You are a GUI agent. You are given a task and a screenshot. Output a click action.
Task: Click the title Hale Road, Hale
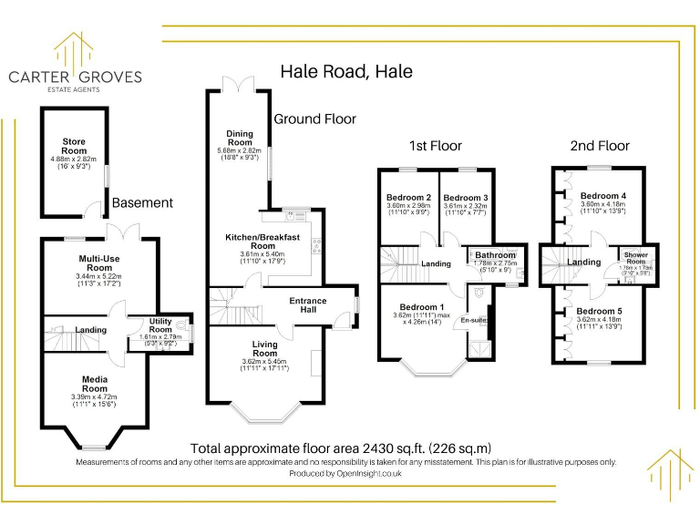click(x=345, y=71)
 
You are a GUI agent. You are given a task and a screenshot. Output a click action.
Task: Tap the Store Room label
click(x=74, y=147)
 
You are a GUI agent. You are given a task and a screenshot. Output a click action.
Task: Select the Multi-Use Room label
click(x=95, y=263)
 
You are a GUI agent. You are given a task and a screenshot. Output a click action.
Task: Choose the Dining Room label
click(x=240, y=138)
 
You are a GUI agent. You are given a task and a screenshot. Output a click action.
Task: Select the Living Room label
click(x=265, y=348)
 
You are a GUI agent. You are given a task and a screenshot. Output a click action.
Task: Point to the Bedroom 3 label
click(x=465, y=198)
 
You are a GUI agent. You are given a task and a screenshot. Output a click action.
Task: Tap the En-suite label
click(x=473, y=320)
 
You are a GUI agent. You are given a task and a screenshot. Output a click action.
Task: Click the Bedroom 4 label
click(x=603, y=196)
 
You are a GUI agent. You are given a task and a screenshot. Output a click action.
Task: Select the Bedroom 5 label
click(x=599, y=312)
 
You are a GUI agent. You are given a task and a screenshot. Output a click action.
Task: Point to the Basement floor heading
click(x=142, y=202)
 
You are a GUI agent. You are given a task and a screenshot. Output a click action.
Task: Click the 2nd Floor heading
click(x=600, y=146)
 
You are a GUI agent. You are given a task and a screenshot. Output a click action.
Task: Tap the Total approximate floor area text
click(x=341, y=448)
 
